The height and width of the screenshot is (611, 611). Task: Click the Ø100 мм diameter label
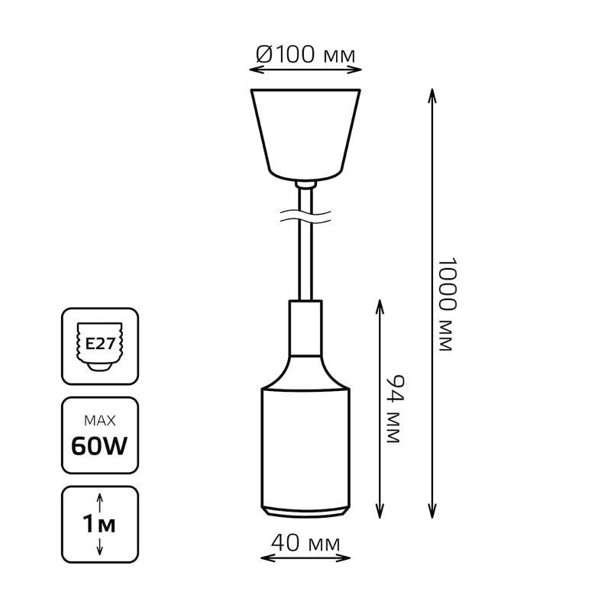(x=305, y=54)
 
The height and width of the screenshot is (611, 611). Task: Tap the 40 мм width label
(x=305, y=543)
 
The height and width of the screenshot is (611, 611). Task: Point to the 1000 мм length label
(x=447, y=304)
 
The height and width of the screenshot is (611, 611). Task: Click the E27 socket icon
(x=100, y=346)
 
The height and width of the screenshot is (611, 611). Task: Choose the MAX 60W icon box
(x=100, y=435)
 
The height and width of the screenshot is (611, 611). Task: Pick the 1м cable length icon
(x=100, y=524)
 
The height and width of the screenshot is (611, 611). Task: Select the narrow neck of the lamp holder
(x=305, y=328)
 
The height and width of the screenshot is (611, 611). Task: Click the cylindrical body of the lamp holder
(x=305, y=448)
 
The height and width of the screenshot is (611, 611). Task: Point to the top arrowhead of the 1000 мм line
(x=432, y=95)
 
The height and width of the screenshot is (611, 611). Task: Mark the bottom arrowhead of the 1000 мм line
(x=432, y=511)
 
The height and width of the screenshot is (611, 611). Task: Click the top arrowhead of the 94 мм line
(x=380, y=307)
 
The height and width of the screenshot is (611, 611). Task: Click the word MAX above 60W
(x=100, y=421)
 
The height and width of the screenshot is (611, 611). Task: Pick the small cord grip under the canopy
(x=305, y=185)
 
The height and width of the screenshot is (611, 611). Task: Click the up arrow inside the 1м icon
(x=100, y=503)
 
